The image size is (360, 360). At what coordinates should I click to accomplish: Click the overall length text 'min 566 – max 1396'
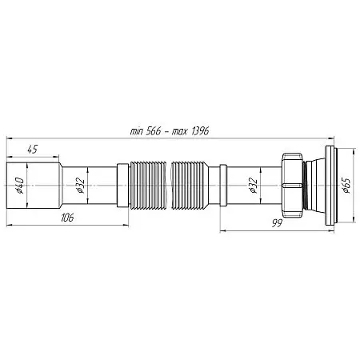170,131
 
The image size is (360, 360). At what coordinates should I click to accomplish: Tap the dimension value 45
33,150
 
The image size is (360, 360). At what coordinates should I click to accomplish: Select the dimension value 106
67,218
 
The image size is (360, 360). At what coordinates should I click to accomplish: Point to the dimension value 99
277,223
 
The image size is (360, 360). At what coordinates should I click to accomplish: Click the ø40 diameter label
20,186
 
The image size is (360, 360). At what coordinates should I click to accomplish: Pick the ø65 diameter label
346,185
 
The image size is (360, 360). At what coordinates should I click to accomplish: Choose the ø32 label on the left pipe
80,186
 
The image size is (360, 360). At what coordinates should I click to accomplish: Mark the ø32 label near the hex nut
253,186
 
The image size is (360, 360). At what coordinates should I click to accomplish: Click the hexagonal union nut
292,185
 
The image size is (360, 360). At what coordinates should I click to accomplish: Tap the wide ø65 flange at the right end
331,186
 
